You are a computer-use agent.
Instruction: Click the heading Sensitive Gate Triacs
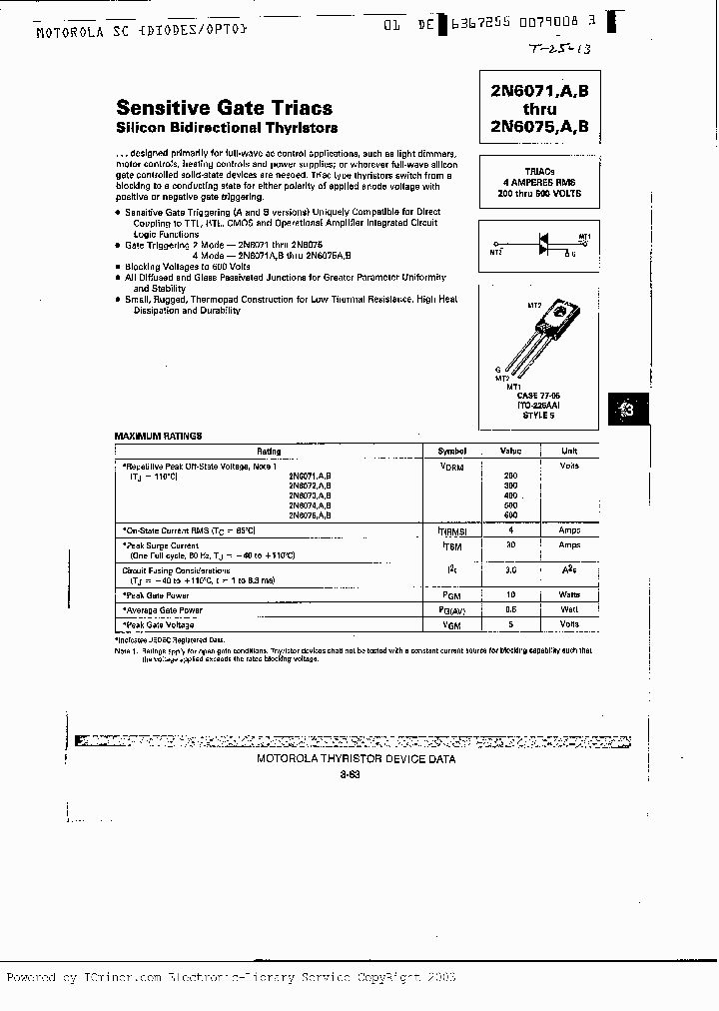(x=224, y=108)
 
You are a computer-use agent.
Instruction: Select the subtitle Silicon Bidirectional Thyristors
(x=227, y=128)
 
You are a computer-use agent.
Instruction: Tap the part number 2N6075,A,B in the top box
(x=539, y=126)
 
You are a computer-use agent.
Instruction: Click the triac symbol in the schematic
(x=544, y=243)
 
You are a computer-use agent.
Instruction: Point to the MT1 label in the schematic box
(x=585, y=237)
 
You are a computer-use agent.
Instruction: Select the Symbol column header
(x=451, y=451)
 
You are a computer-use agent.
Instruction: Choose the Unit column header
(x=569, y=451)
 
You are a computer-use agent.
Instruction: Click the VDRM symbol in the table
(x=451, y=467)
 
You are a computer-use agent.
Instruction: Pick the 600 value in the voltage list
(x=510, y=514)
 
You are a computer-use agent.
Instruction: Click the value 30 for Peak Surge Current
(x=510, y=545)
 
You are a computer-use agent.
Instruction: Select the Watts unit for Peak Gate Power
(x=569, y=593)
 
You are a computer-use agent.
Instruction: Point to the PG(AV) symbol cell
(x=451, y=609)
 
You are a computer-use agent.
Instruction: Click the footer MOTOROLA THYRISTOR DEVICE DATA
(x=357, y=759)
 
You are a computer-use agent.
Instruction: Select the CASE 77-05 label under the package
(x=540, y=395)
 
